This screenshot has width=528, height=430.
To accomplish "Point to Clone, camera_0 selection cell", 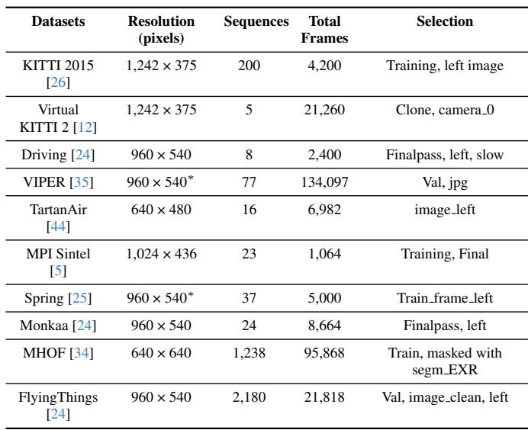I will (x=444, y=110).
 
